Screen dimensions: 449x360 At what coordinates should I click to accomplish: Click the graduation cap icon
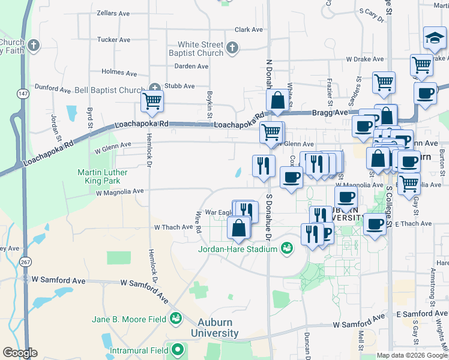(x=433, y=38)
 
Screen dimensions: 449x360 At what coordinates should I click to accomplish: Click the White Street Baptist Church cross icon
(x=233, y=47)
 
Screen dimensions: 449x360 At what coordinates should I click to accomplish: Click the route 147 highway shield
(x=23, y=94)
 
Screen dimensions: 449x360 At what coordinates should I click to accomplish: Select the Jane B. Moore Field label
(x=129, y=319)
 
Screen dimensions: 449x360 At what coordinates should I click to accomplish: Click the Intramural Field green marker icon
(x=177, y=349)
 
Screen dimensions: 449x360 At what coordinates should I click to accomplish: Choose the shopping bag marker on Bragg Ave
(x=278, y=100)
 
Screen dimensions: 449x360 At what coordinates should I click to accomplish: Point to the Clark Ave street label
(x=249, y=29)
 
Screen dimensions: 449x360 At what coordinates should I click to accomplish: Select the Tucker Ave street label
(x=113, y=40)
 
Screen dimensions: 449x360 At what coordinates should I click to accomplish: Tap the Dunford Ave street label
(x=52, y=89)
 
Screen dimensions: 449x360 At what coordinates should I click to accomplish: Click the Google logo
(x=20, y=353)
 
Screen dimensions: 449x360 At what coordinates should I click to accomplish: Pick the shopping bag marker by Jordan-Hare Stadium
(x=239, y=228)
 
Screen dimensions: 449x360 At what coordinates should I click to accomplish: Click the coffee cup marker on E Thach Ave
(x=375, y=224)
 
